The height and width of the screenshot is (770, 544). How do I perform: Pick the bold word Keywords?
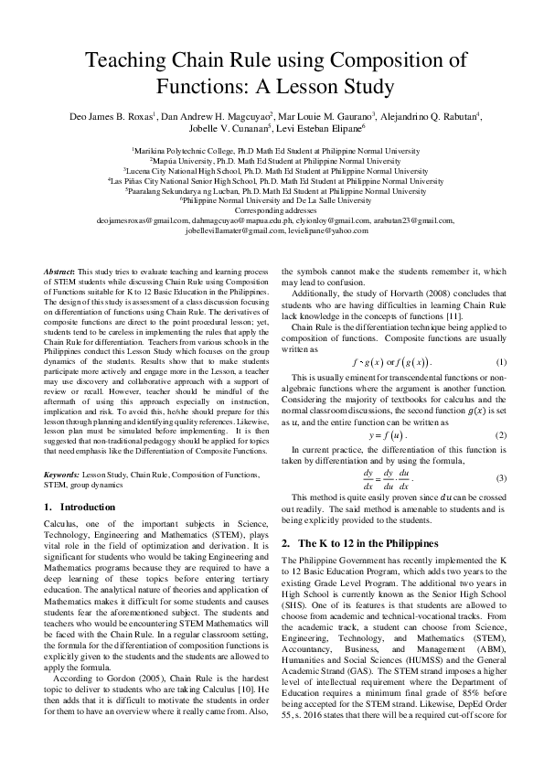tap(62, 476)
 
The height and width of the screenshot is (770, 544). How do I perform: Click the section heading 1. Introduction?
tap(78, 506)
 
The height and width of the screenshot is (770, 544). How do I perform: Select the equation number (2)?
tap(501, 434)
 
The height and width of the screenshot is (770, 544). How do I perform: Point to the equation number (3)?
tap(501, 478)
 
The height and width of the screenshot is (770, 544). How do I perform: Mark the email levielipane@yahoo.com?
tap(324, 230)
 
